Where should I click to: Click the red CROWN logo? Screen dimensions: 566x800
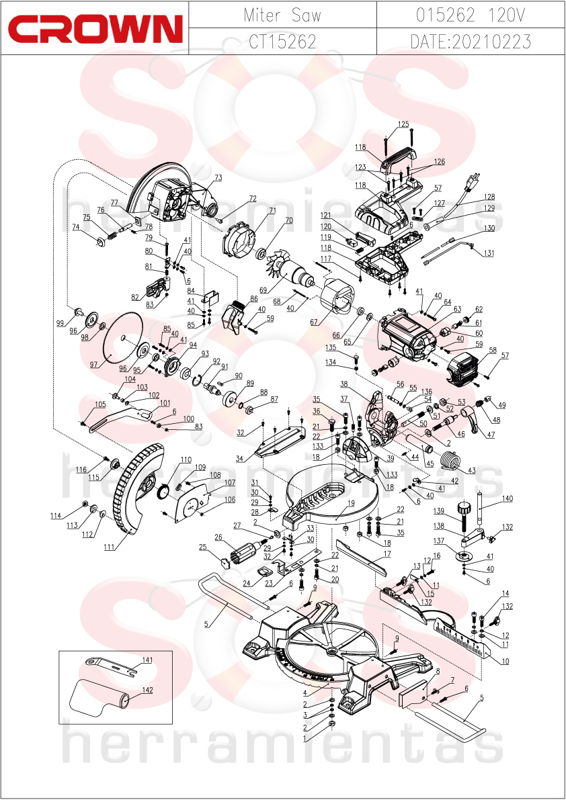(x=95, y=28)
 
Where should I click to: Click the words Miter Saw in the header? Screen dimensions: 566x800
(x=282, y=15)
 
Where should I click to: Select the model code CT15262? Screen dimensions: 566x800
(x=282, y=42)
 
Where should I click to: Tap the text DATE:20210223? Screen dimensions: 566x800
(x=471, y=42)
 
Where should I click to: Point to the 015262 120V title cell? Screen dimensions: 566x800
(x=471, y=15)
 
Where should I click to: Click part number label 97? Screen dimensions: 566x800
(x=93, y=364)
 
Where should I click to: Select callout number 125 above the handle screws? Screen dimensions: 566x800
(x=403, y=124)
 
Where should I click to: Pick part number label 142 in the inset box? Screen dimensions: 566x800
(x=147, y=690)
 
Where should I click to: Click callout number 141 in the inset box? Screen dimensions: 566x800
(x=147, y=660)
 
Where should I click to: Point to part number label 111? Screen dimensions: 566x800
(x=109, y=547)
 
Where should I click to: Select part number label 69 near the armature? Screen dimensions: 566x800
(x=264, y=290)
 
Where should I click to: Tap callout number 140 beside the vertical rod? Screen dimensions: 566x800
(x=507, y=498)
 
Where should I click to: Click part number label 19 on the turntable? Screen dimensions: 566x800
(x=351, y=503)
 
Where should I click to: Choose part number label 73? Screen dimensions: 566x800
(x=218, y=177)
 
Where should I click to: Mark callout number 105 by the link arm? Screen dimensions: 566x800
(x=100, y=404)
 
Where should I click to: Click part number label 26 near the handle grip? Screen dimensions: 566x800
(x=218, y=537)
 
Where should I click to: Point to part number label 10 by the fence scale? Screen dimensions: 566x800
(x=506, y=661)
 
